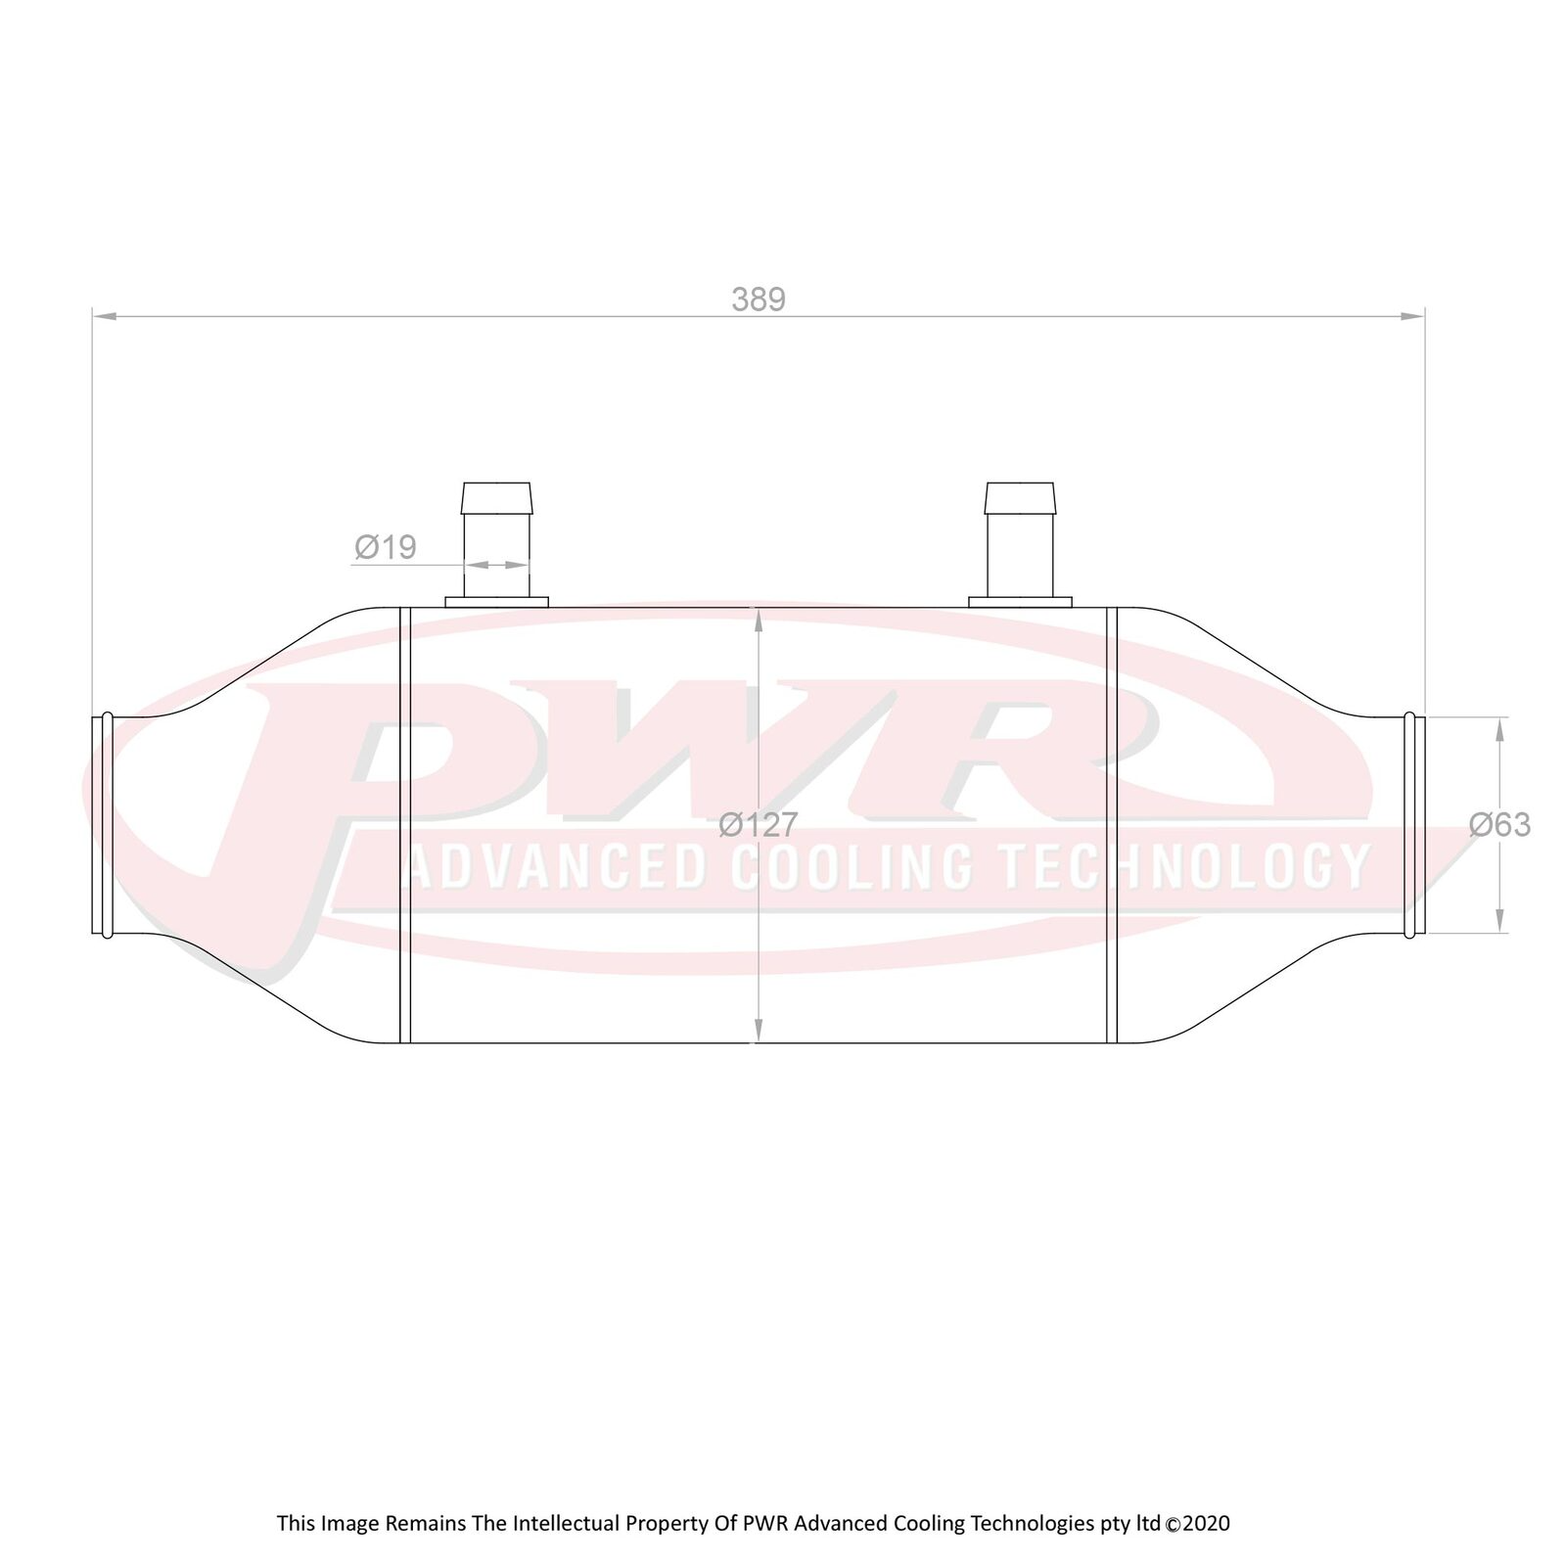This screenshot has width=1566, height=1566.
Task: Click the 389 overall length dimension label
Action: point(759,299)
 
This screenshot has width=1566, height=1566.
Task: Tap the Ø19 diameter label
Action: point(386,547)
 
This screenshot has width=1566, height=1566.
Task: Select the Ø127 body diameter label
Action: point(759,825)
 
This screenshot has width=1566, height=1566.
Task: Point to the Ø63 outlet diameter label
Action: point(1499,825)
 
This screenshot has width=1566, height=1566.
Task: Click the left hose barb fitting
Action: point(496,539)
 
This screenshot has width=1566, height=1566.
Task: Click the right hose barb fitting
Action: point(1020,539)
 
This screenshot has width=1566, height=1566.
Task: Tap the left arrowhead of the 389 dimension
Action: point(105,316)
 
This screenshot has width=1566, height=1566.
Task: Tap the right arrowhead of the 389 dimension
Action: point(1412,316)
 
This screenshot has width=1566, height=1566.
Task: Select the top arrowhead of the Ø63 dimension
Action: point(1499,729)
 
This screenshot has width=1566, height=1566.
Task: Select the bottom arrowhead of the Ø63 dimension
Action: point(1499,921)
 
